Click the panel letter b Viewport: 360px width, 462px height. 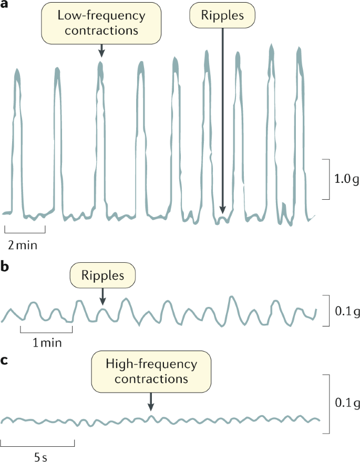tap(6, 266)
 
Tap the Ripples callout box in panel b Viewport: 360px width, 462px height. tap(102, 275)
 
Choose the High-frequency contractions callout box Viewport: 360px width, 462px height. tap(151, 371)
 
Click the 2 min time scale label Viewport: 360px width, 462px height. tap(23, 244)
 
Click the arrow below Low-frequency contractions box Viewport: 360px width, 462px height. tap(101, 50)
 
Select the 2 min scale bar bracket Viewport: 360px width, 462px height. tap(25, 230)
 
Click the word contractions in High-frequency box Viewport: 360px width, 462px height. tap(151, 378)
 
